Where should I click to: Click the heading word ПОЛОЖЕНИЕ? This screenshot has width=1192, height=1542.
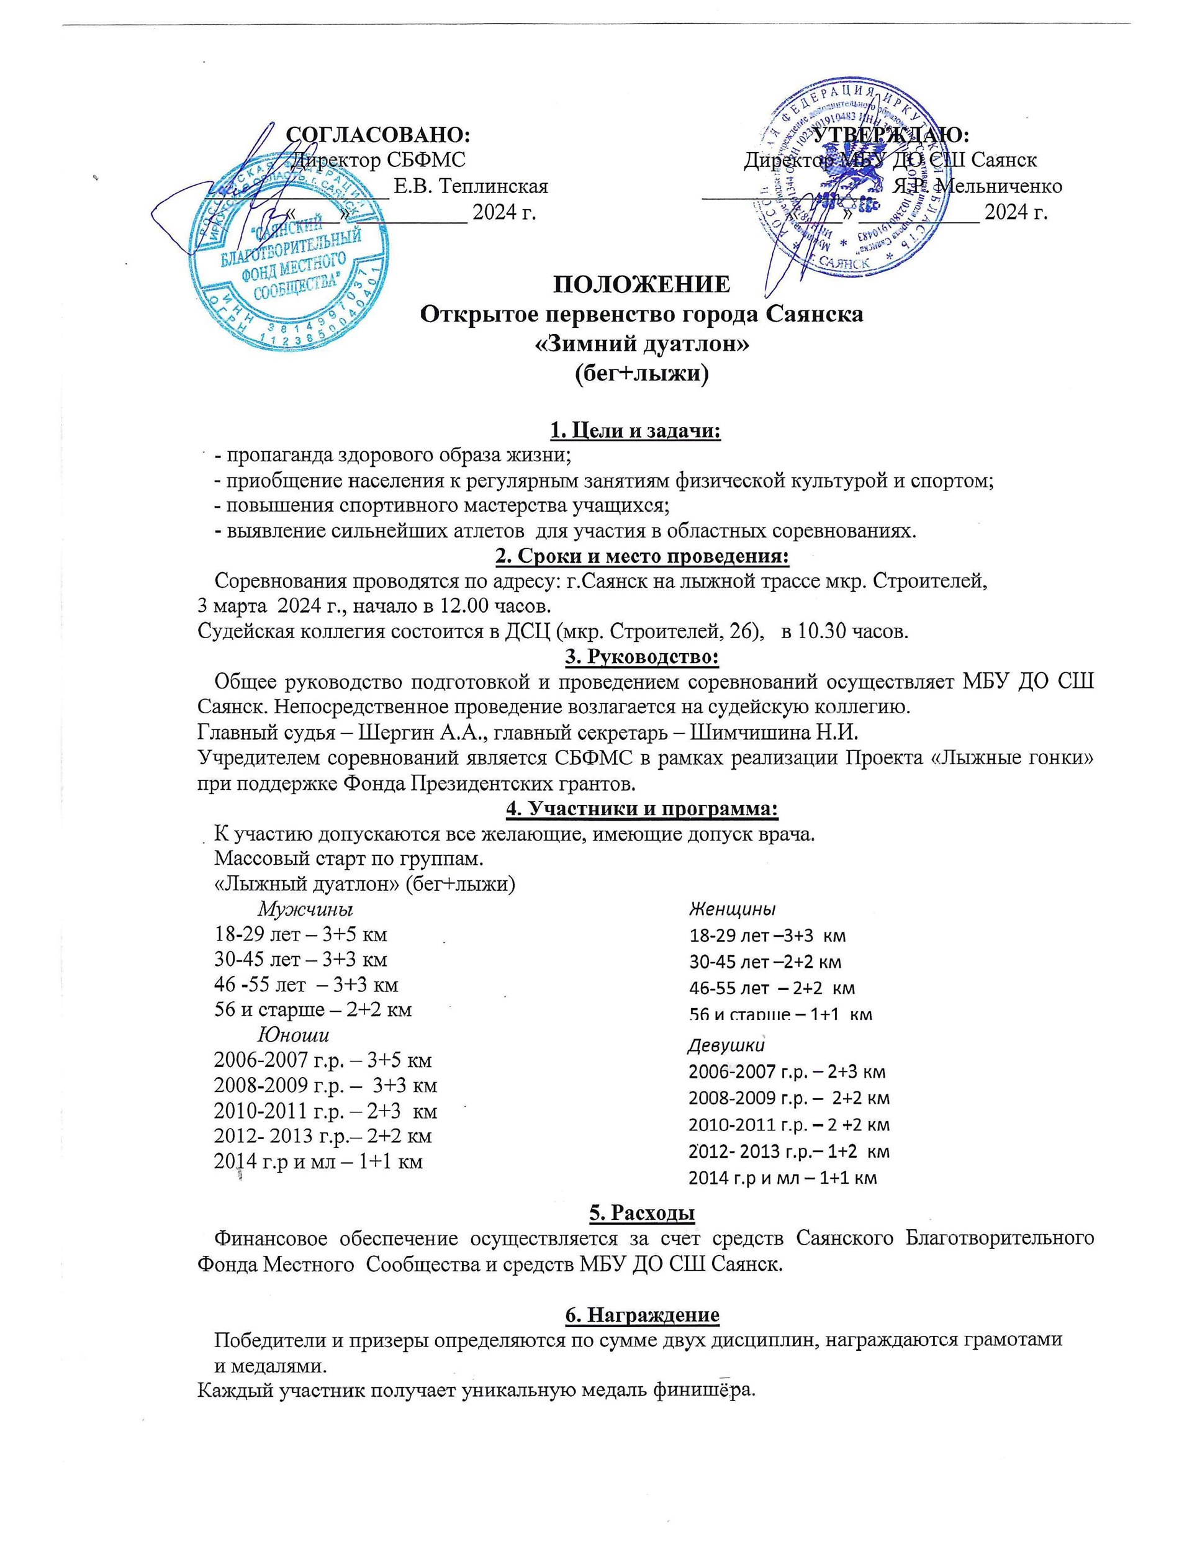click(x=641, y=284)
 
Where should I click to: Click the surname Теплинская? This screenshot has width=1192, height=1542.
click(x=471, y=186)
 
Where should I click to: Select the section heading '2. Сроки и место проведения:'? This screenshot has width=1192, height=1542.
click(x=642, y=556)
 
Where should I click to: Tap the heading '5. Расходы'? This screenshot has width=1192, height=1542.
click(x=641, y=1212)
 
